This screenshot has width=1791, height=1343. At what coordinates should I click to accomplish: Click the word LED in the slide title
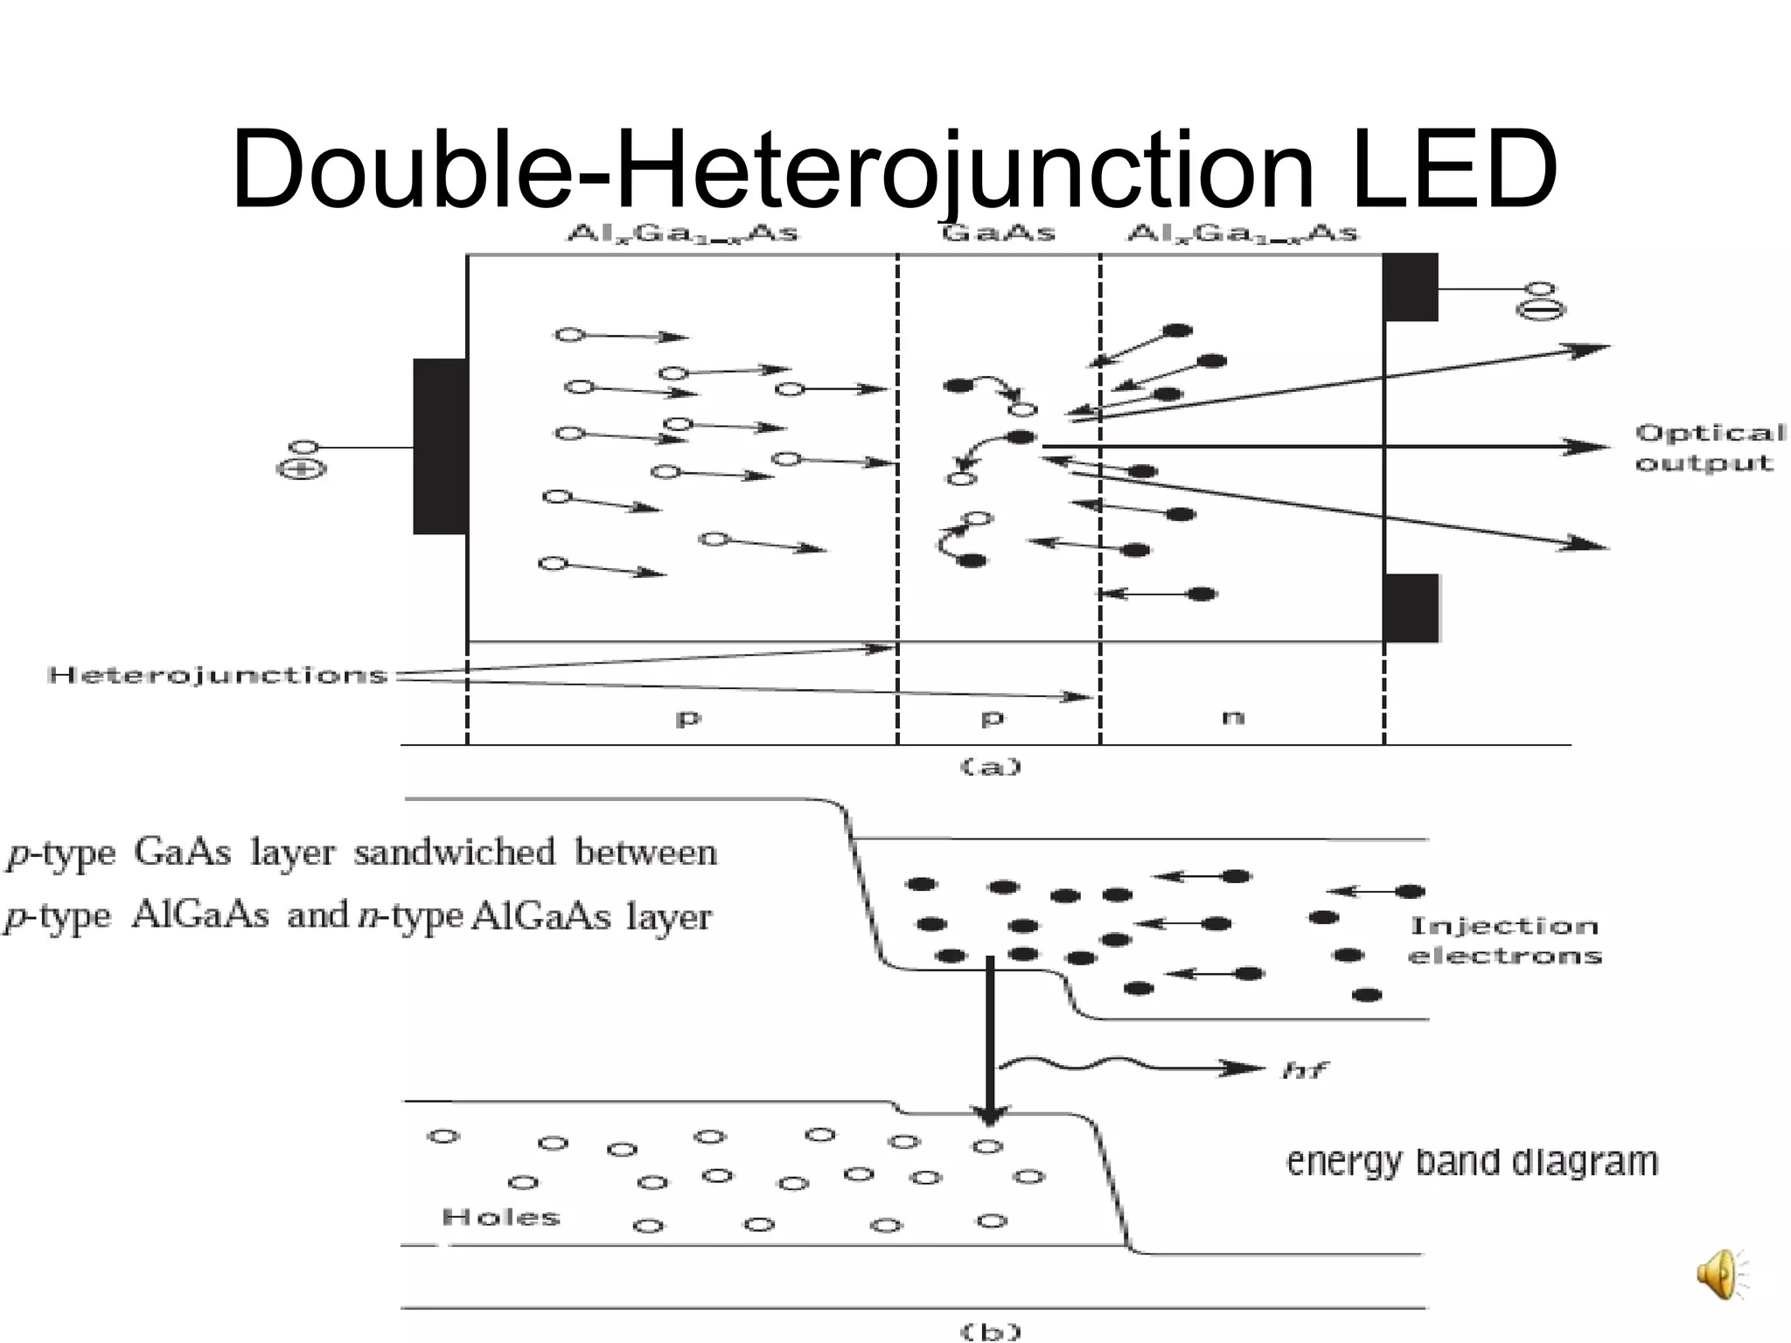click(x=1453, y=170)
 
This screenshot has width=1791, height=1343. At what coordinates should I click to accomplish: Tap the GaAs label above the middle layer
click(x=998, y=233)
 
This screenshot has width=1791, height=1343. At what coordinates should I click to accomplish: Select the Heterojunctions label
click(x=218, y=675)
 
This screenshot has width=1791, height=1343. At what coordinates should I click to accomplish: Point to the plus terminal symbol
click(x=301, y=470)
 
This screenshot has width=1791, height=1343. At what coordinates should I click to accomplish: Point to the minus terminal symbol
click(x=1540, y=310)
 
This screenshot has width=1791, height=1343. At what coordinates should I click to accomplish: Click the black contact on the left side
click(x=440, y=446)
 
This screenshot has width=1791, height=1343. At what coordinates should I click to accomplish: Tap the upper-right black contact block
click(x=1410, y=287)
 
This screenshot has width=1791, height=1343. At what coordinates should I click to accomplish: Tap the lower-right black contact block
click(x=1410, y=608)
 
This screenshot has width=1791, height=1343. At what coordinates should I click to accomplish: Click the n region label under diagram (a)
click(x=1232, y=717)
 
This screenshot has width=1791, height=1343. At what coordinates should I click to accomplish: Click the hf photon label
click(x=1306, y=1069)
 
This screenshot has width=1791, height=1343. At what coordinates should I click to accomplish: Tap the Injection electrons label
click(x=1504, y=940)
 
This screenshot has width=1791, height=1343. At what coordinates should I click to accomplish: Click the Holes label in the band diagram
click(x=501, y=1217)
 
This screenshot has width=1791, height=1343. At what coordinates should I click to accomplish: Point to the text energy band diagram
click(x=1472, y=1162)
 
